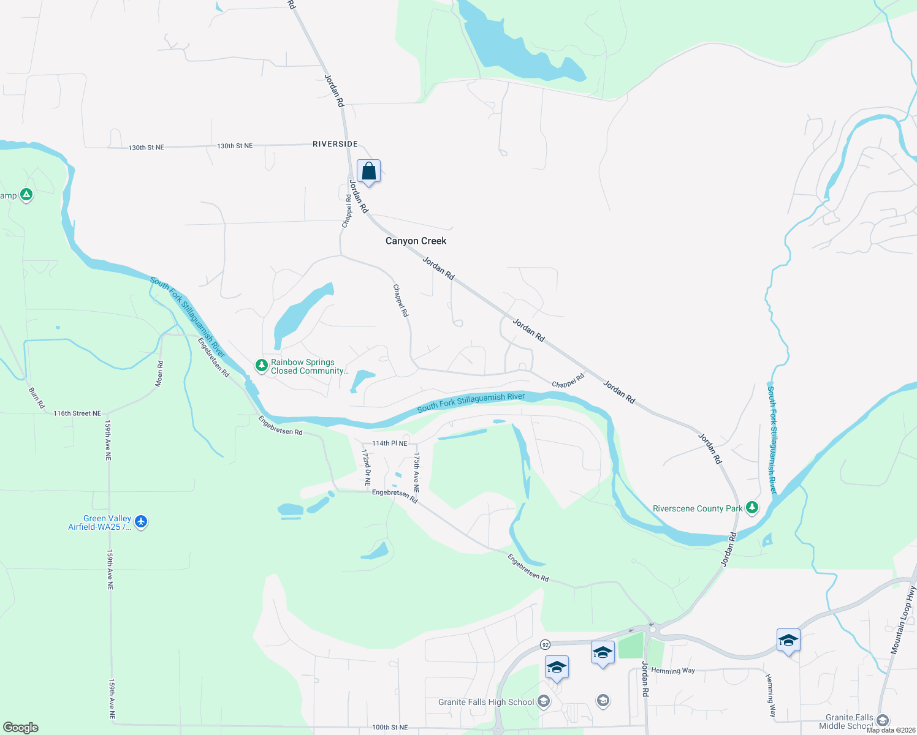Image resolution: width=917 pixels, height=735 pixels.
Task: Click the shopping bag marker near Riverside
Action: (x=368, y=171)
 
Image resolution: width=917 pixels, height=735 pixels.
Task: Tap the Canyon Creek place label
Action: (x=416, y=241)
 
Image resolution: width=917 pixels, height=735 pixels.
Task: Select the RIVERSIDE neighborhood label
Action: (x=335, y=144)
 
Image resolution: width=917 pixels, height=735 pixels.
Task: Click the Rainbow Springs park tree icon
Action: (x=262, y=366)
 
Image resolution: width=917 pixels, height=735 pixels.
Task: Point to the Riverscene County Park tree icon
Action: (x=752, y=508)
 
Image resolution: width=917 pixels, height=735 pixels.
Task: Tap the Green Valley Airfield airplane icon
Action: (x=142, y=522)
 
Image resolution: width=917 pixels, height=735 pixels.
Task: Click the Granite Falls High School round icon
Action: (x=544, y=702)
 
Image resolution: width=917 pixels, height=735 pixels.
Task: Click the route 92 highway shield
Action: (x=545, y=644)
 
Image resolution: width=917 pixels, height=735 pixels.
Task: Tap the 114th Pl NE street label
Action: (x=389, y=443)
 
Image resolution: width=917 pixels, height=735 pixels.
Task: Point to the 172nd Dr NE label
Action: (x=366, y=467)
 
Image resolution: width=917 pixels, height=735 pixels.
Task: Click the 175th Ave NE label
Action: (x=416, y=473)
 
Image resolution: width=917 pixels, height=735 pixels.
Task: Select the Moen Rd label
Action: (x=159, y=373)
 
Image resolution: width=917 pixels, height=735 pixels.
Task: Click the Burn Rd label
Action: (x=37, y=398)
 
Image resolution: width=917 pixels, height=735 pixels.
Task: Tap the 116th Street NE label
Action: (x=77, y=413)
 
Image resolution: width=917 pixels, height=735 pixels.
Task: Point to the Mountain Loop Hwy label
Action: (x=903, y=620)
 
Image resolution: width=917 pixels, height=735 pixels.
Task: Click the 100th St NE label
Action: (x=390, y=728)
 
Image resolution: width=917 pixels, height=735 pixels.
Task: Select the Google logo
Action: (x=20, y=728)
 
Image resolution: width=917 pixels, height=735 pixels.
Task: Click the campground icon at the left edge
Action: (x=26, y=195)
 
